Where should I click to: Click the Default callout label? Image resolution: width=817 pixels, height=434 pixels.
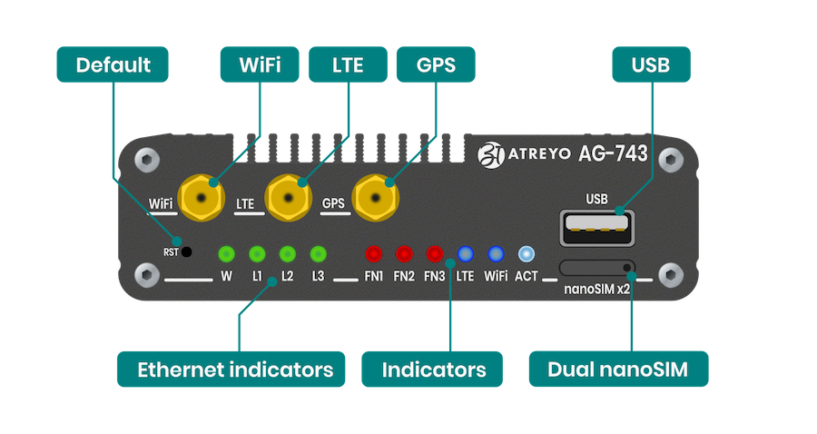tap(113, 65)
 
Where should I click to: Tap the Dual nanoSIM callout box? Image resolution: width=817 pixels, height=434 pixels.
tap(618, 370)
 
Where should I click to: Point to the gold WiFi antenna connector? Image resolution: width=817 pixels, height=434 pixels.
tap(202, 196)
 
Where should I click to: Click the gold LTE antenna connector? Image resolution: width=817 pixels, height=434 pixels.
tap(289, 196)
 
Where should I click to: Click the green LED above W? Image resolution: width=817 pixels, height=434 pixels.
tap(227, 253)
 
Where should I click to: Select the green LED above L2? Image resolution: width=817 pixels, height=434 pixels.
tap(287, 253)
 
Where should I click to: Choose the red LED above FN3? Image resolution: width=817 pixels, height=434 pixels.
tap(434, 253)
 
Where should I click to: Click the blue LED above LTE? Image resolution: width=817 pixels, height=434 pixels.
tap(465, 253)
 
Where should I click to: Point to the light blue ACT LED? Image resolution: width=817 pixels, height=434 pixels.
tap(527, 253)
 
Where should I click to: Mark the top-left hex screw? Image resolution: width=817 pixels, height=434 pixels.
tap(145, 160)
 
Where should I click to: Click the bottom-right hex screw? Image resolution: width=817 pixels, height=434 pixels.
tap(670, 273)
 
